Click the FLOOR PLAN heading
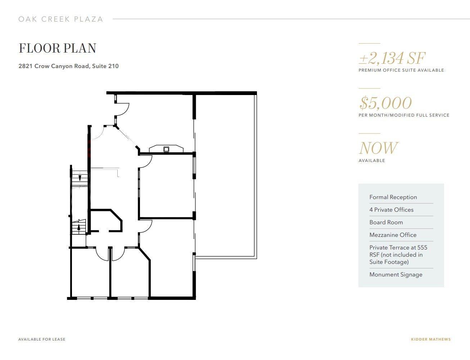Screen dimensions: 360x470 (x=58, y=48)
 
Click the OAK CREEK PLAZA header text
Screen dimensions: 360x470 (x=61, y=19)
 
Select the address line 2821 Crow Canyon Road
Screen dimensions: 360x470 (x=68, y=66)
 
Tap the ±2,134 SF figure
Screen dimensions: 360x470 (x=392, y=58)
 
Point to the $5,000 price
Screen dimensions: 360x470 (x=385, y=103)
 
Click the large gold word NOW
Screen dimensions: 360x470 (x=378, y=148)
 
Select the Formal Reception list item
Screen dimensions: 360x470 (x=393, y=197)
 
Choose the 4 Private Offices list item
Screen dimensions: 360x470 (x=391, y=210)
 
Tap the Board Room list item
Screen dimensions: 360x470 (x=386, y=222)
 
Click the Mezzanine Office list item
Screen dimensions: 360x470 (x=393, y=235)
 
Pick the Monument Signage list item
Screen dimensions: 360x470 (x=396, y=275)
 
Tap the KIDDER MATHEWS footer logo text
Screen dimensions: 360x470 (x=430, y=339)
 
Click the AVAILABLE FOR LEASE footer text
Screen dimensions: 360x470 (x=42, y=339)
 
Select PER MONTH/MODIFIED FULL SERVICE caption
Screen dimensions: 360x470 (x=404, y=115)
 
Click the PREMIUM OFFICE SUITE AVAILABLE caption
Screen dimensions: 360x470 (x=401, y=70)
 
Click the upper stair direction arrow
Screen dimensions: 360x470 (x=80, y=177)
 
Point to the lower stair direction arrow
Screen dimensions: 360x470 (x=79, y=227)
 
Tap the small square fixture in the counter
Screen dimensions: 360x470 (x=166, y=149)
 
